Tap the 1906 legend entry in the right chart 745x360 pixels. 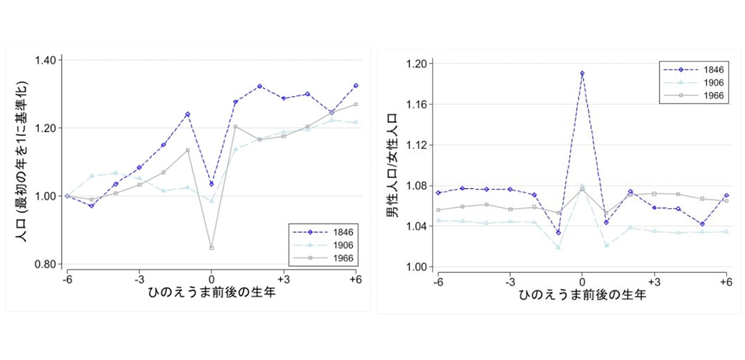pyautogui.click(x=714, y=83)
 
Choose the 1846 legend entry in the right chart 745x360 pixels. pyautogui.click(x=714, y=70)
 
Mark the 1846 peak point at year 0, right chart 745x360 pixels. pyautogui.click(x=582, y=73)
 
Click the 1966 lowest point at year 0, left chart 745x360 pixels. pyautogui.click(x=211, y=248)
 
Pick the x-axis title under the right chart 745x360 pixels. pyautogui.click(x=582, y=296)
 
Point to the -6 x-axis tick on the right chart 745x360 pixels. pyautogui.click(x=438, y=283)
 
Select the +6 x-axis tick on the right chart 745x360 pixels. pyautogui.click(x=726, y=283)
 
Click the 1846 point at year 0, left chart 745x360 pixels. pyautogui.click(x=211, y=184)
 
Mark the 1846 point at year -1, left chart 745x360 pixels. pyautogui.click(x=187, y=114)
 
